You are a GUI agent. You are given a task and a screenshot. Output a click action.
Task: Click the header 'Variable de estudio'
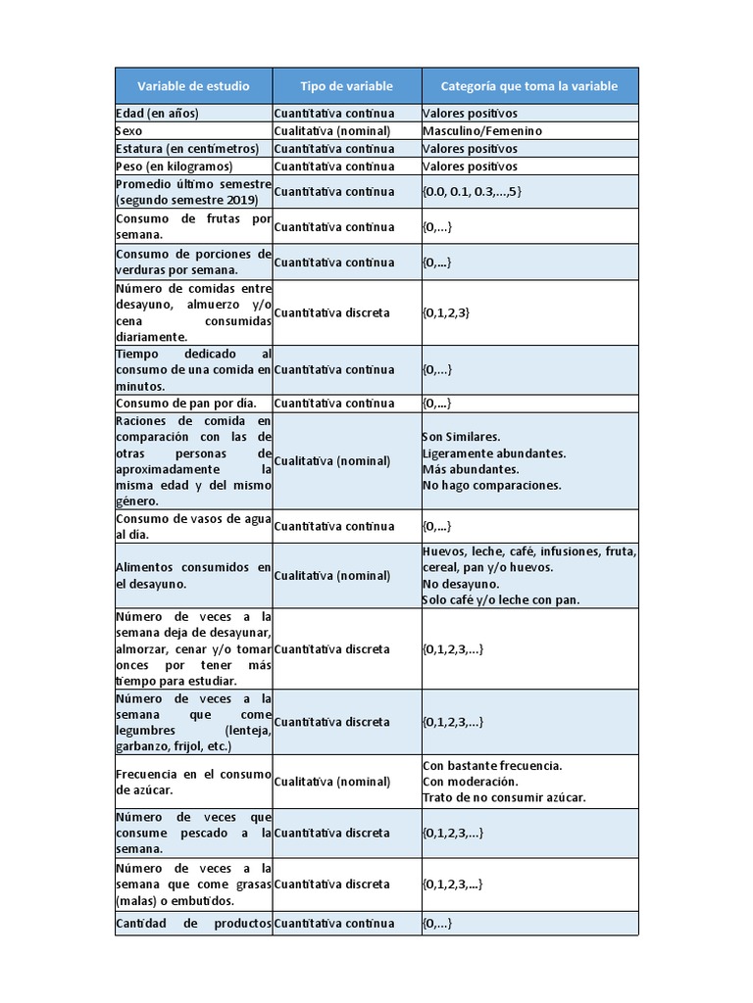[x=193, y=86]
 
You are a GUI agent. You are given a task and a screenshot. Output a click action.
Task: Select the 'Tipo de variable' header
[x=346, y=86]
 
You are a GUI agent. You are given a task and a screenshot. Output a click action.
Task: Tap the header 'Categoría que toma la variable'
[x=529, y=86]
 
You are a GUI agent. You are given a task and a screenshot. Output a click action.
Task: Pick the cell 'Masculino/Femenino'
[x=482, y=131]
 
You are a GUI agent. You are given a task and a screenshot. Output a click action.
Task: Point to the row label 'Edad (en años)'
[x=157, y=114]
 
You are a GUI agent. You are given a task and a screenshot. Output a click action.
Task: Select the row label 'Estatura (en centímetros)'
[x=187, y=149]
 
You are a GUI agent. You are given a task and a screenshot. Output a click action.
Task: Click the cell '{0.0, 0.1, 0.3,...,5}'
[x=473, y=192]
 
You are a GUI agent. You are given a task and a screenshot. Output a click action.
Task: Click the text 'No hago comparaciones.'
[x=491, y=485]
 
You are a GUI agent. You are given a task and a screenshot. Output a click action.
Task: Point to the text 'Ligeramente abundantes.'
[x=494, y=454]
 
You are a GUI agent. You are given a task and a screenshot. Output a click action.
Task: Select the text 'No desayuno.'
[x=460, y=584]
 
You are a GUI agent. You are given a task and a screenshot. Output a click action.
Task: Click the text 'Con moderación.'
[x=470, y=782]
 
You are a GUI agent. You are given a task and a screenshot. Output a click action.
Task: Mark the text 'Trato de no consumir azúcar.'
[x=504, y=798]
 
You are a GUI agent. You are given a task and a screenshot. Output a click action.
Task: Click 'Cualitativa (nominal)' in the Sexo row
[x=332, y=131]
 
